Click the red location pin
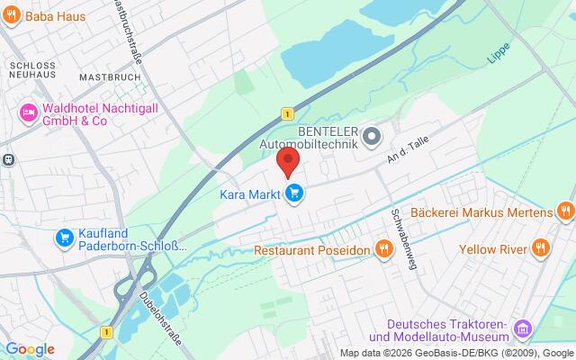[287, 162]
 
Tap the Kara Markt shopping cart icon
[294, 192]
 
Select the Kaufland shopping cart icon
[64, 238]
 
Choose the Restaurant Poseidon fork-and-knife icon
[383, 248]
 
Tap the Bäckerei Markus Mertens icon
[565, 212]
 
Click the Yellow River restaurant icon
[540, 248]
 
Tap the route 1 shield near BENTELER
[286, 113]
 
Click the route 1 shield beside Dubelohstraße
[107, 333]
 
